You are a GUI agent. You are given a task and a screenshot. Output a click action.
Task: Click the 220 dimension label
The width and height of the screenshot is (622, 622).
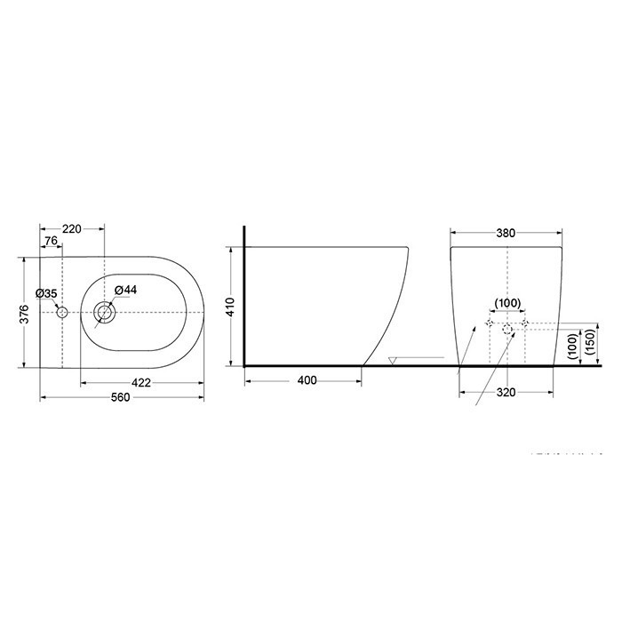point(72,229)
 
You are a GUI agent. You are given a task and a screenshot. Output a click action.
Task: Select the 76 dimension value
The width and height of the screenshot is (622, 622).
point(51,242)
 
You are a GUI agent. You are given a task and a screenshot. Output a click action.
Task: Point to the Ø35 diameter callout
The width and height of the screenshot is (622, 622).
point(46,293)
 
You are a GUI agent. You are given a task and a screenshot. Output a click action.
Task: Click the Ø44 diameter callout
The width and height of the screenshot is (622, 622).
point(125,290)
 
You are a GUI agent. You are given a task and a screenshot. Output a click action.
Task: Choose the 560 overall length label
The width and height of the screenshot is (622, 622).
point(121,397)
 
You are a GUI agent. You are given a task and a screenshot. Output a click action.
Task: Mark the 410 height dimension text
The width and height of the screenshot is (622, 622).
point(229,307)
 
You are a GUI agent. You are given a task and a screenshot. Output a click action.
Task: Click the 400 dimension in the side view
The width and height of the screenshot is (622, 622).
point(307,380)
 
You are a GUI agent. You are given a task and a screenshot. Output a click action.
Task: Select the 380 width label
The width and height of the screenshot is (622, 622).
point(506,234)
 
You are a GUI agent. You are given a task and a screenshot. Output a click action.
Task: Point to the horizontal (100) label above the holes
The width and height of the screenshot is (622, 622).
point(506,304)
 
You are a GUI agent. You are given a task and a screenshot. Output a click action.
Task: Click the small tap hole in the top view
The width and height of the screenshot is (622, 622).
point(61,313)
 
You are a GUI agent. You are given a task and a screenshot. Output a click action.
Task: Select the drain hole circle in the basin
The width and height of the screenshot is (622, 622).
point(105,312)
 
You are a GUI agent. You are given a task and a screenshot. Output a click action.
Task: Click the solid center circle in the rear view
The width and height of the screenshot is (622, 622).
point(506,330)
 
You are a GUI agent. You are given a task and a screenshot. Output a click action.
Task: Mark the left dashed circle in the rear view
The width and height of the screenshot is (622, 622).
point(488,322)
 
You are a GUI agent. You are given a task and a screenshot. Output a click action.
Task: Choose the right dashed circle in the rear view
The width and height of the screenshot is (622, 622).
point(525,322)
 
